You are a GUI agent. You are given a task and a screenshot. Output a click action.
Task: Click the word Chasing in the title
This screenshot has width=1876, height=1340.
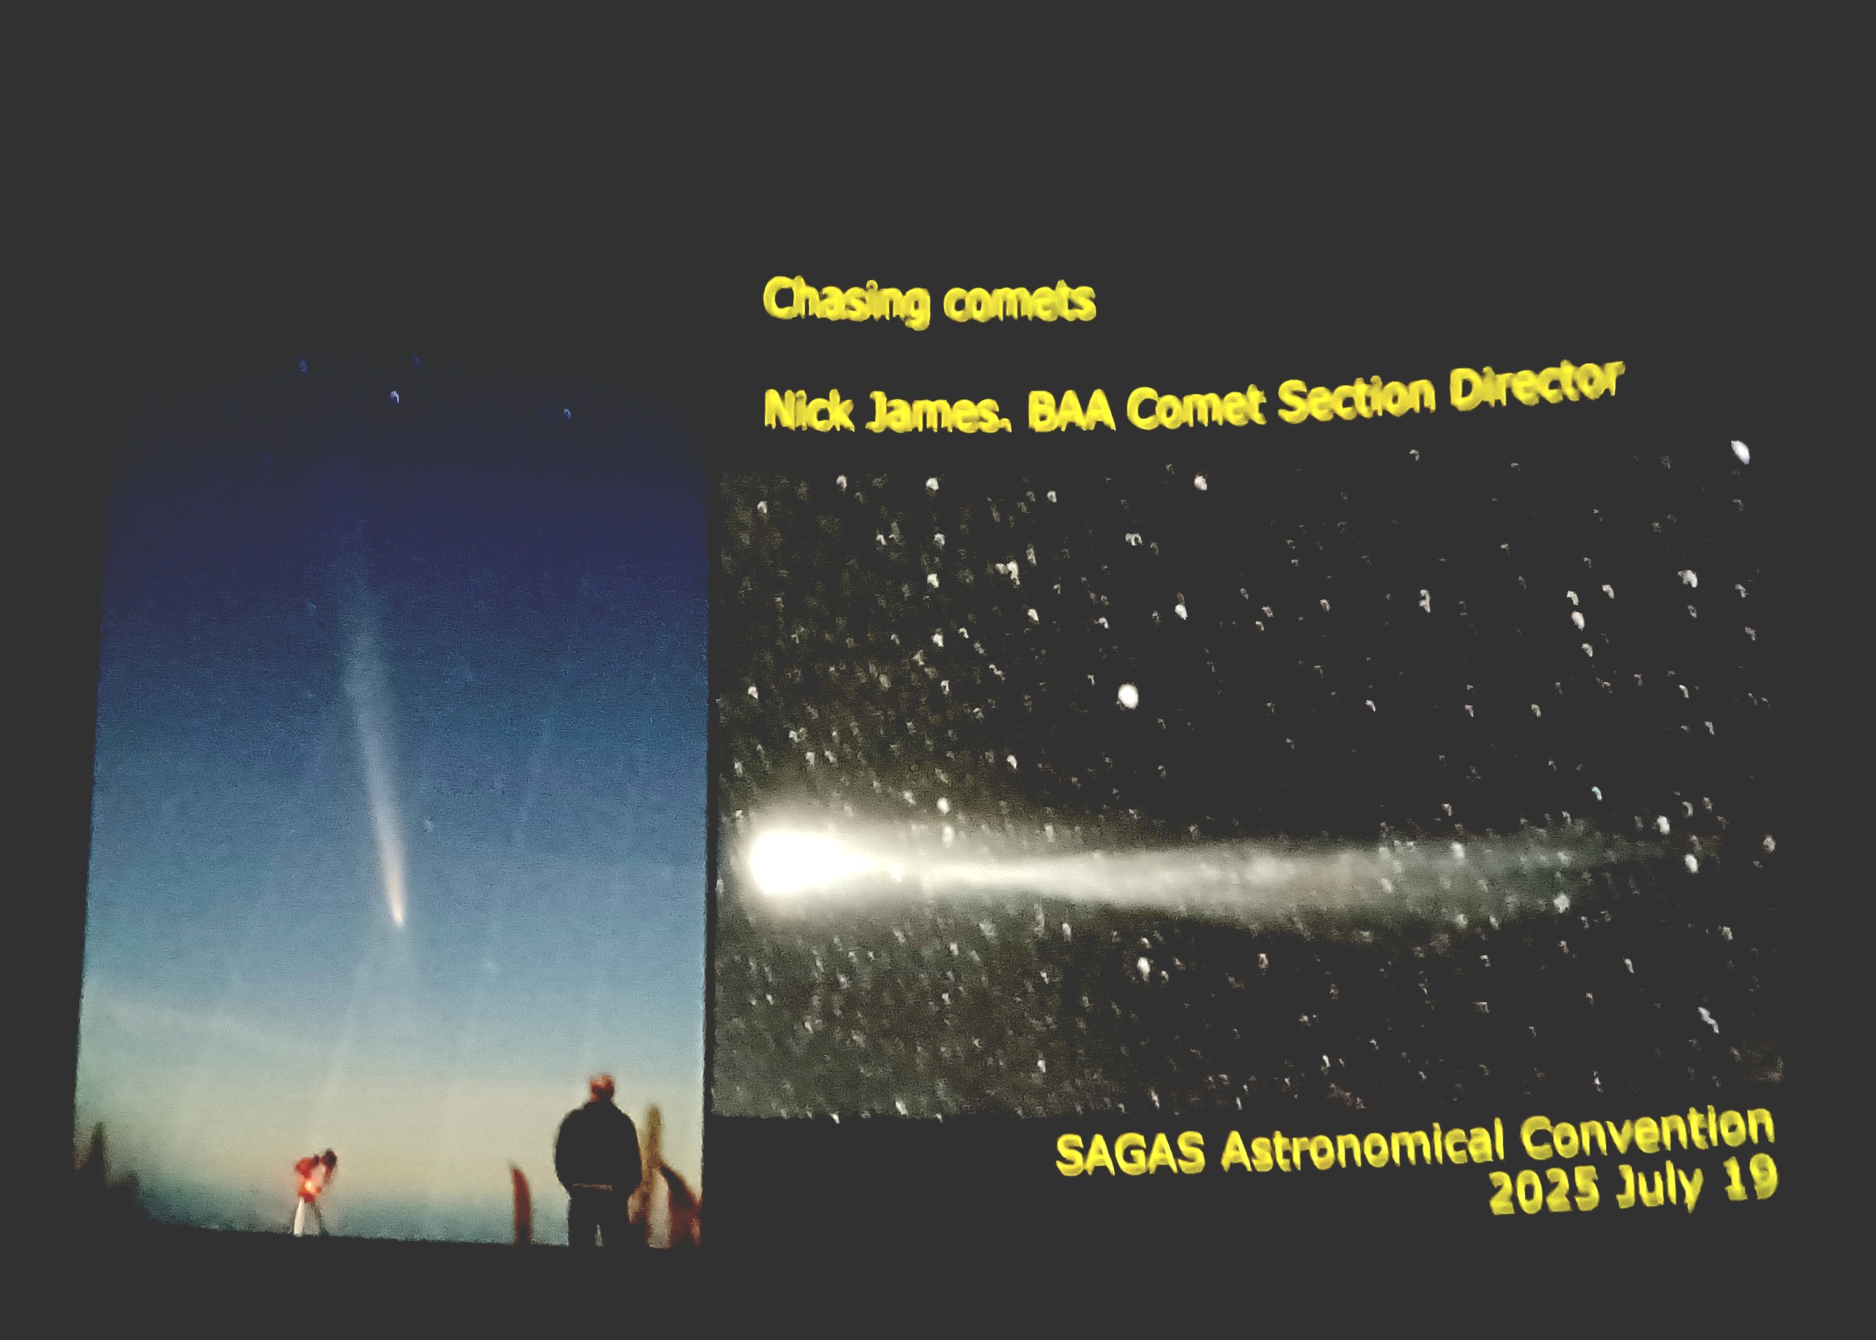(x=846, y=302)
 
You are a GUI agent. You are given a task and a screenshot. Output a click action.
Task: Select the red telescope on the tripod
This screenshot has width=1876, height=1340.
(x=313, y=1172)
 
